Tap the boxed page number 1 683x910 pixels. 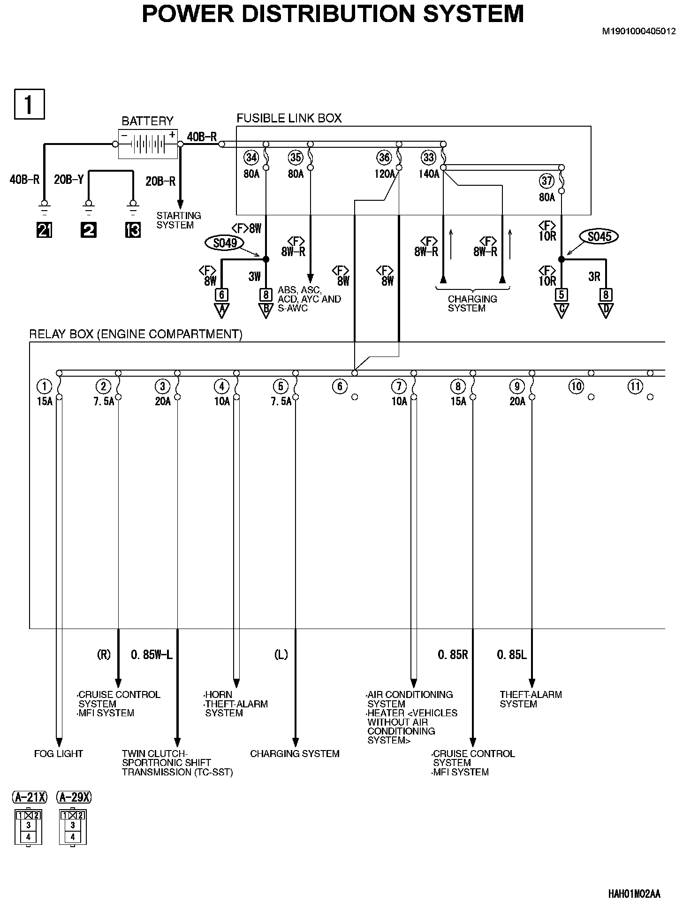30,104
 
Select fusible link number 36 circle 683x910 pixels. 384,157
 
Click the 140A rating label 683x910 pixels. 429,174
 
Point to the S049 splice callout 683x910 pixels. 225,243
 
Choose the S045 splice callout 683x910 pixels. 599,237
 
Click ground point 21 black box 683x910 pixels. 44,230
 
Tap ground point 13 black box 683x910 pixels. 133,230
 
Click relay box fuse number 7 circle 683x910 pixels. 399,387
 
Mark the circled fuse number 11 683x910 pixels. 635,387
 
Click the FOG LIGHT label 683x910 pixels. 59,754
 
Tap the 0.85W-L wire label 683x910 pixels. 152,654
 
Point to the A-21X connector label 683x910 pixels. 29,797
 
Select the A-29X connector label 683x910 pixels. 74,797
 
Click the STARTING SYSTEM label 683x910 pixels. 178,220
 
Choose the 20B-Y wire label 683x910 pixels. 69,180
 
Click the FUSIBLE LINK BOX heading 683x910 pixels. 289,118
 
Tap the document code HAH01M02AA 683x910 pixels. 634,894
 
